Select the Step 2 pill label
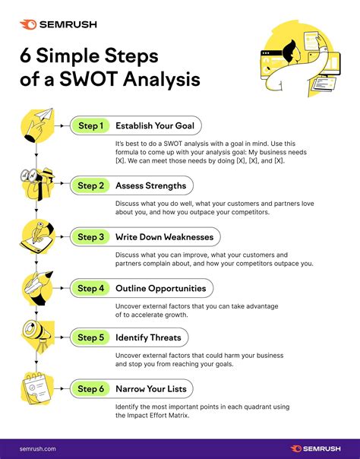(x=90, y=185)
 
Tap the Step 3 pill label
(x=90, y=237)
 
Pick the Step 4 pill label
(x=90, y=289)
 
